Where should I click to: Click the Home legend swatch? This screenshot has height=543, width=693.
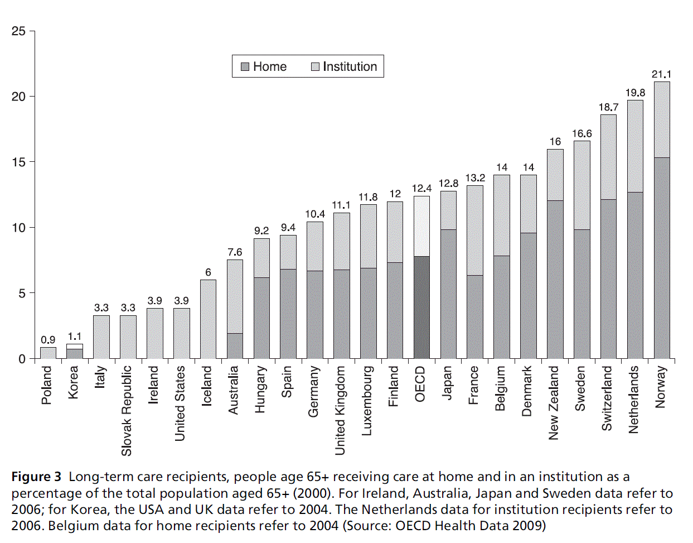pos(245,67)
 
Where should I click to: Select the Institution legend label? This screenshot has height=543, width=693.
pos(350,67)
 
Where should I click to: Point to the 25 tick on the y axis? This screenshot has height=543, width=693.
pos(18,31)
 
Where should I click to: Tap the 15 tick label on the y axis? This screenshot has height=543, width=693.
pos(18,162)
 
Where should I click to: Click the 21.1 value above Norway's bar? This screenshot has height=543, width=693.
pos(661,74)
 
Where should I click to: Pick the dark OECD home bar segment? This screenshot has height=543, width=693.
pos(421,307)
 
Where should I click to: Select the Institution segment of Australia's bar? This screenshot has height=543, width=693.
pos(235,296)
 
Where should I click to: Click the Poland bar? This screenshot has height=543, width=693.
pos(48,353)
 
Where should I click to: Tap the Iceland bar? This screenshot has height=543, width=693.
pos(208,319)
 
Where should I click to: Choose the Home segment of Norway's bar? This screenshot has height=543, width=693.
pos(661,258)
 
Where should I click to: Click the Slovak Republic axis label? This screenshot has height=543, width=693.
pos(127,411)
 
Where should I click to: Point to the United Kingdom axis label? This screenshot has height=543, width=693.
pos(340,410)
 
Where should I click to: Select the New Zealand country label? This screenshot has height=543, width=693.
pos(553,402)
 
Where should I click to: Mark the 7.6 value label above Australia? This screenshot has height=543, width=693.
pos(235,252)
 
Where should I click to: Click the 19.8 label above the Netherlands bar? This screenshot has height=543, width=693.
pos(635,93)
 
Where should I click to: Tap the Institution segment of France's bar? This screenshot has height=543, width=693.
pos(474,230)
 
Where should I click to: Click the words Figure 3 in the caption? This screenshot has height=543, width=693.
pos(36,477)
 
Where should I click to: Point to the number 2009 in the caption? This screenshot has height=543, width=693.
pos(527,526)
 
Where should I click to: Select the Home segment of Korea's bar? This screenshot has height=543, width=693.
pos(75,353)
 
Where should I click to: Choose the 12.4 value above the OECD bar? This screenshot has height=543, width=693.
pos(421,189)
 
